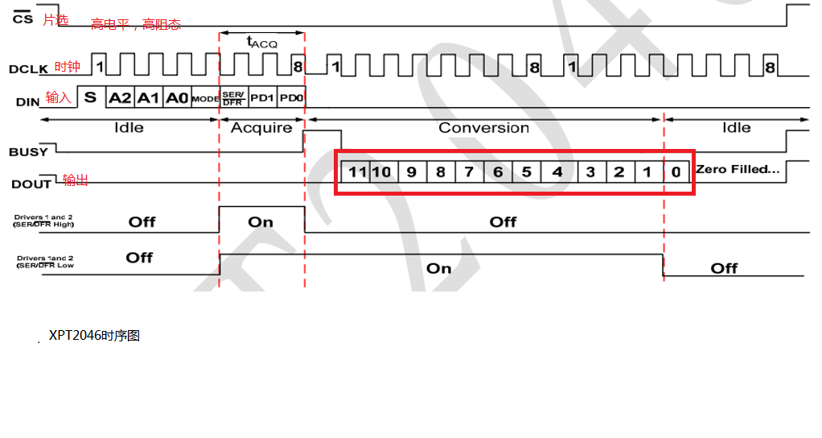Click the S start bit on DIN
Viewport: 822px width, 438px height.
click(90, 97)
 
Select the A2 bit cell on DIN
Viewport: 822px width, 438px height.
click(120, 97)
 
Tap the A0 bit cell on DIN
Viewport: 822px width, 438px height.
click(176, 97)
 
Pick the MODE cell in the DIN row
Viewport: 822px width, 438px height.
click(205, 98)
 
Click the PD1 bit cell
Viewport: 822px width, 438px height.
click(262, 97)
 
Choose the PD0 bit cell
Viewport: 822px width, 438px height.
click(291, 97)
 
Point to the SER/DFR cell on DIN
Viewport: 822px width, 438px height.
click(233, 97)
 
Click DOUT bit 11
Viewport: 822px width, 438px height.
click(357, 171)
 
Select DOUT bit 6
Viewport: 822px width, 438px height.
click(498, 171)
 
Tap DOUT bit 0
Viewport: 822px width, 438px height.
click(676, 171)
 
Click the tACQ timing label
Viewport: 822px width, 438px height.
click(261, 42)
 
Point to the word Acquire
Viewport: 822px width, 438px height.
click(261, 128)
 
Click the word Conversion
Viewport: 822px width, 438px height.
click(483, 128)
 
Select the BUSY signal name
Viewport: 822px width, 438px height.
click(28, 151)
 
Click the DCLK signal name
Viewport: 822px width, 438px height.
click(31, 69)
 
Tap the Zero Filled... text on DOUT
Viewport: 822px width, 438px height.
click(738, 169)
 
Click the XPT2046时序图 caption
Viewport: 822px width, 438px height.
click(94, 336)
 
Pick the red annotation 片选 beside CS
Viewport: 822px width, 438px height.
click(55, 20)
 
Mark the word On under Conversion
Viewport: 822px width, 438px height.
click(438, 268)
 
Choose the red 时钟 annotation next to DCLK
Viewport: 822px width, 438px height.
click(68, 67)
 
